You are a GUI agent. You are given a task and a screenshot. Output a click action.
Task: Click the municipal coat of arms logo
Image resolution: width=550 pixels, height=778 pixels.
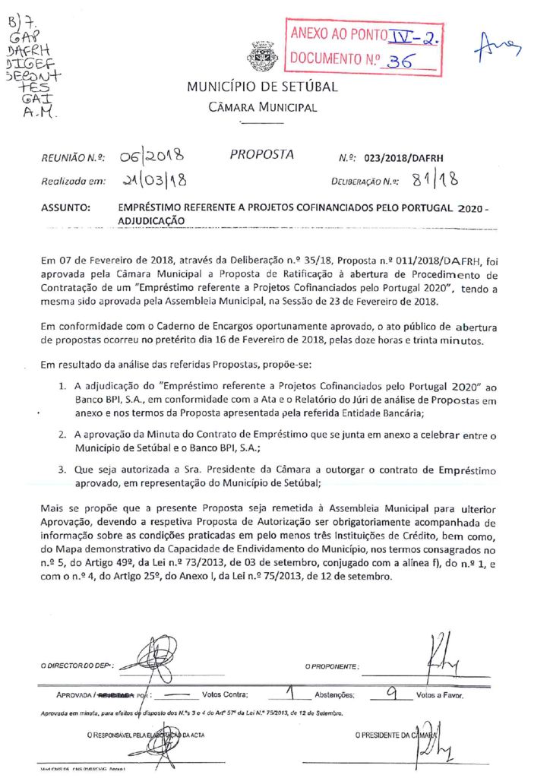point(262,54)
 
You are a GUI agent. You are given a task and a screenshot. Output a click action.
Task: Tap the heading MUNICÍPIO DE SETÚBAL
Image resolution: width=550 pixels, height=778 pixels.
point(262,87)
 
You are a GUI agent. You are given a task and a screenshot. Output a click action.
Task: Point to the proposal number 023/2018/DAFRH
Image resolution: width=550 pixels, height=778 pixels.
point(403,159)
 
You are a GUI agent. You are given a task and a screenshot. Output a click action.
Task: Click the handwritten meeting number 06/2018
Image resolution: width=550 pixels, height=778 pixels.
point(152,157)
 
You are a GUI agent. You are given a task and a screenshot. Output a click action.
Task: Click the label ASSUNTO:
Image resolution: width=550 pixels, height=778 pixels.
point(66,207)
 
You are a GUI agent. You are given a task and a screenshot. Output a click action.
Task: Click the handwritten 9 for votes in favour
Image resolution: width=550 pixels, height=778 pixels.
point(392,692)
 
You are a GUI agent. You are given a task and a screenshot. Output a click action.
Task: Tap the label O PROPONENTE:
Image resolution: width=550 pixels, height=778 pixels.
point(332,666)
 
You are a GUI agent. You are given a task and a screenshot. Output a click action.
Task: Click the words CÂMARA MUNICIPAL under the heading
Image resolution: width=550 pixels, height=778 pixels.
point(262,108)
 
